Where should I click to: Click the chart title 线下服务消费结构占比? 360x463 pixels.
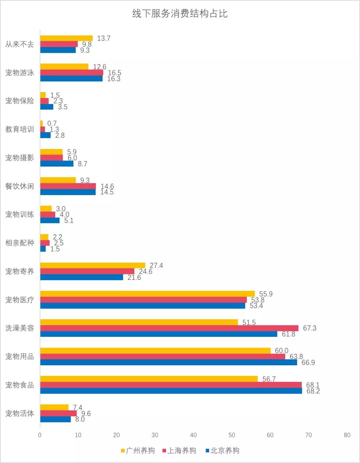180,14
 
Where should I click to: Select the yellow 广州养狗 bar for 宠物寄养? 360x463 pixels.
93,266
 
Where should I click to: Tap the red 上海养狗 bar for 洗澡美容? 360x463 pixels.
169,328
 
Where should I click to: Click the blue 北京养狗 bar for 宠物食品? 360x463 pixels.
171,391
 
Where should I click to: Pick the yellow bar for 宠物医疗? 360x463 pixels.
147,294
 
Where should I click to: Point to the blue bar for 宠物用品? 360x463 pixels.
169,362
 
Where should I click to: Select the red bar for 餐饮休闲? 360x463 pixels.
68,186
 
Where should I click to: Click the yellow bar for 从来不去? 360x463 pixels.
66,38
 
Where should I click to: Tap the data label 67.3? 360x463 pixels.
309,328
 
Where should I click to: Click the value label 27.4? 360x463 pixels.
156,266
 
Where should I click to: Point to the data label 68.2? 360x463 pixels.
313,391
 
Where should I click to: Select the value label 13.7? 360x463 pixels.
104,38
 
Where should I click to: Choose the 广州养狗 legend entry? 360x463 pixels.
138,451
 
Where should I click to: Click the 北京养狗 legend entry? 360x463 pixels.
222,451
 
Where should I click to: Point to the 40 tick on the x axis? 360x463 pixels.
193,435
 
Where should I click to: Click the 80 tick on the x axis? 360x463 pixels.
347,435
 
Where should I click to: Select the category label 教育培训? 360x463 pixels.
20,129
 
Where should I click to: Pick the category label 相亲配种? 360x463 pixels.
20,243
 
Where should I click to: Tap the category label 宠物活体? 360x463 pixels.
20,414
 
